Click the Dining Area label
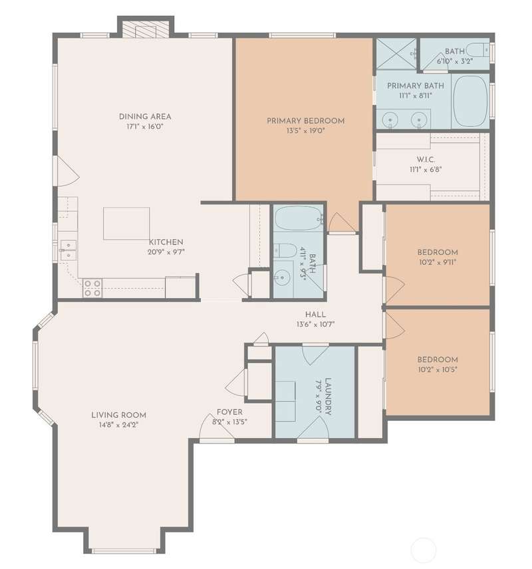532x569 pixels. [x=145, y=116]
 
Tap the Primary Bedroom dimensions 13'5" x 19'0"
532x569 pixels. [x=306, y=131]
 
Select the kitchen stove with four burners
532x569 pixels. [x=92, y=287]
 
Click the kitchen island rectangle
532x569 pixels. [x=126, y=224]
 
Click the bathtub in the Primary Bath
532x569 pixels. [x=471, y=101]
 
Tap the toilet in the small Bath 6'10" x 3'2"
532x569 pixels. [x=477, y=49]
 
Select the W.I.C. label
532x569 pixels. [x=426, y=159]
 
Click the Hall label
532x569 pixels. [x=315, y=314]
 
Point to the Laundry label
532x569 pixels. [x=327, y=396]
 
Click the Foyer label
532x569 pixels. [x=229, y=412]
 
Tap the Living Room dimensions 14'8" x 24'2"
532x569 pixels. [x=119, y=424]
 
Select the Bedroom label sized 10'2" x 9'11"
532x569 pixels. [x=438, y=252]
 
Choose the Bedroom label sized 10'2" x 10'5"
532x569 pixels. [x=438, y=360]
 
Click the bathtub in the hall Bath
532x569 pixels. [x=299, y=218]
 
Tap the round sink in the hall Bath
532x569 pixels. [x=282, y=278]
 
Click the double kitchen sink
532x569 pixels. [x=68, y=250]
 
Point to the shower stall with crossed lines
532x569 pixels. [x=396, y=54]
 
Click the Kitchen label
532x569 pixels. [x=166, y=242]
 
